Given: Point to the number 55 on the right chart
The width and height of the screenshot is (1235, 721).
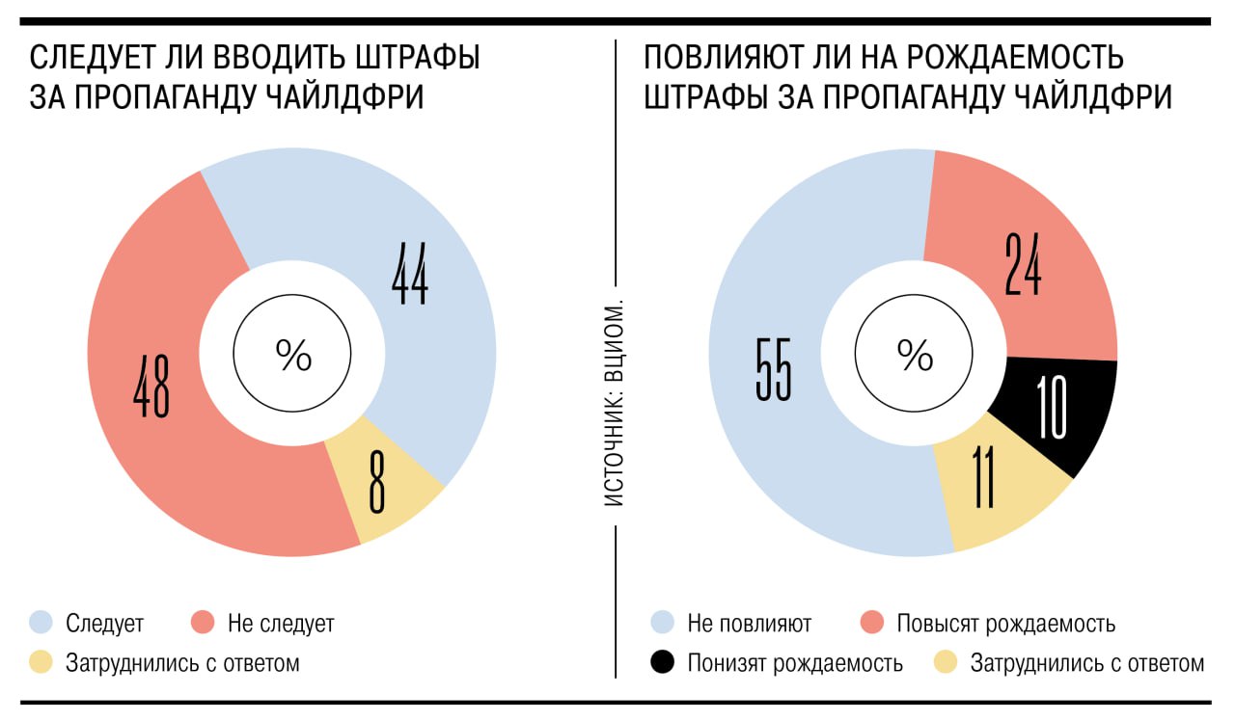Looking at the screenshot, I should (773, 368).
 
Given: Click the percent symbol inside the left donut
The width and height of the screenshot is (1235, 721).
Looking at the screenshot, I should (293, 356).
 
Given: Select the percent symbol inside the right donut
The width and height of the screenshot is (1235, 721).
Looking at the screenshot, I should (914, 356).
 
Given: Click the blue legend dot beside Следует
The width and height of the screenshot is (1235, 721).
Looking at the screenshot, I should (41, 623).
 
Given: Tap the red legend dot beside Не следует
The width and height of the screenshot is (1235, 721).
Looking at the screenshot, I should (202, 623).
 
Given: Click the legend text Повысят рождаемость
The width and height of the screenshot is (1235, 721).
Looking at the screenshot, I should (1005, 624).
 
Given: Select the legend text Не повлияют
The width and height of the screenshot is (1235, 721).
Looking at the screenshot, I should (749, 624).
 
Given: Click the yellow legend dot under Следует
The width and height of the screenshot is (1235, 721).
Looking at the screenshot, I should (41, 663).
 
